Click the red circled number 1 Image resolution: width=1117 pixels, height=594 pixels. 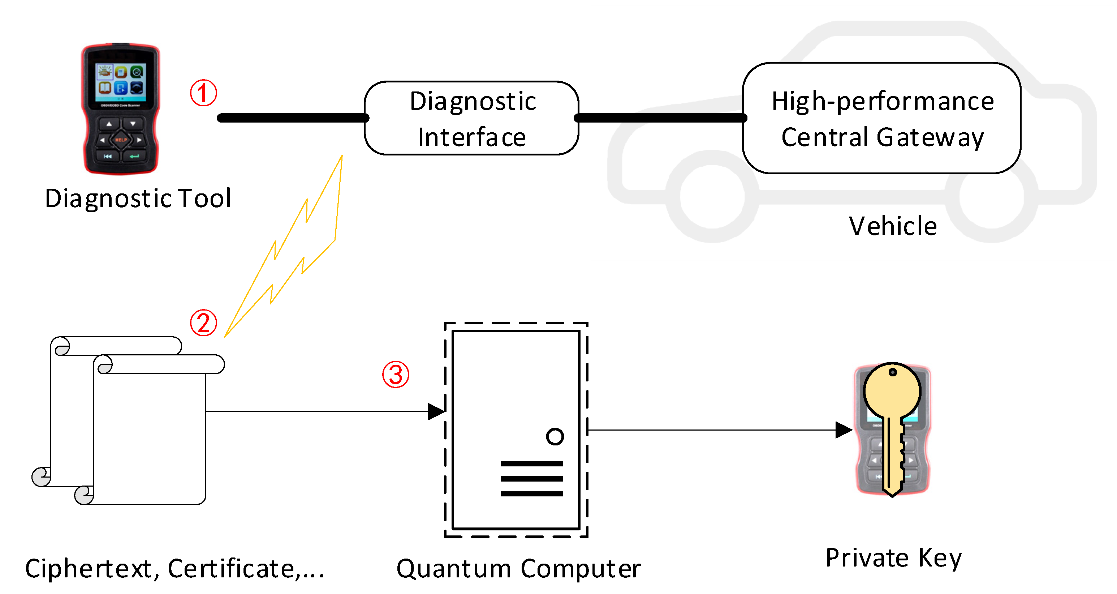coord(203,93)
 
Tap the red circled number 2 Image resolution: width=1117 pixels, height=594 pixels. coord(203,323)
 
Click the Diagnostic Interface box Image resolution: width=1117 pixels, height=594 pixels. coord(472,118)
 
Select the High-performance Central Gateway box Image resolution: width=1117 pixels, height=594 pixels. coord(882,118)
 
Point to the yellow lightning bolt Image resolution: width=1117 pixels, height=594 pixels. coord(303,243)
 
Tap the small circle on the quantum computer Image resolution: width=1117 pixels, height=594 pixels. coord(555,436)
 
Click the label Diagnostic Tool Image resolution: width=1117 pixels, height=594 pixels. coord(138,199)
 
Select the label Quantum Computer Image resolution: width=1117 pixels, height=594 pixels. coord(519,568)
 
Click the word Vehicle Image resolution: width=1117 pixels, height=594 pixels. coord(893,226)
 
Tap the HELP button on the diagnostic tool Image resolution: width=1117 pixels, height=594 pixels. coord(121,140)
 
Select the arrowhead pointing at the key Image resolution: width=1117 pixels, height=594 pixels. coord(844,430)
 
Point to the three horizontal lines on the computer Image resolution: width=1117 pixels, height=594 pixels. coord(532,479)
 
